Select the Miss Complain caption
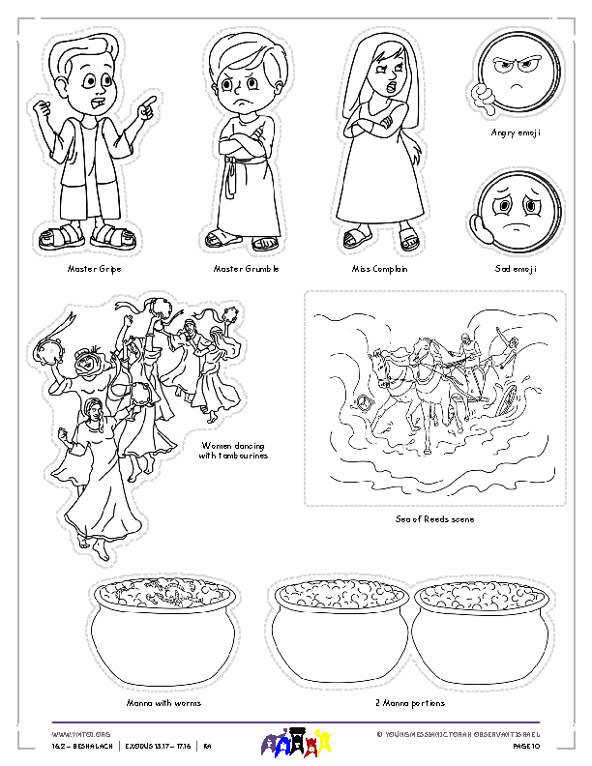(x=380, y=268)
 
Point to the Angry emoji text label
(x=516, y=133)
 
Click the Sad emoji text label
(x=516, y=268)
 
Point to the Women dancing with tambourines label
(x=235, y=450)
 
